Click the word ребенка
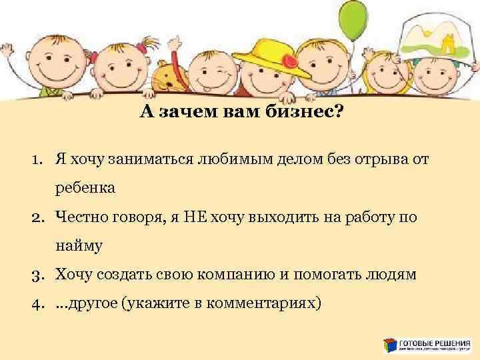point(85,188)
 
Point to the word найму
point(79,246)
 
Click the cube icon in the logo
point(390,345)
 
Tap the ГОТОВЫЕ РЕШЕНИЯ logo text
point(434,341)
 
